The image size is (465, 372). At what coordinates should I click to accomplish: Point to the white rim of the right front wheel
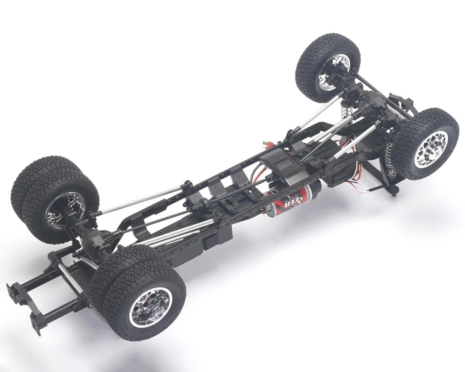tap(431, 149)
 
